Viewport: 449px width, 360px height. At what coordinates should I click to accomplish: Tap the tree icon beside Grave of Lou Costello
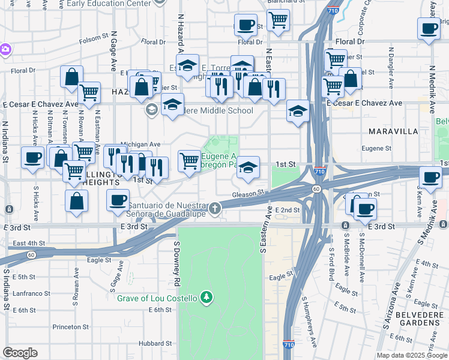(x=206, y=298)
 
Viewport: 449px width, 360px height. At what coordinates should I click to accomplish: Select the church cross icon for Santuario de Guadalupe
(x=215, y=209)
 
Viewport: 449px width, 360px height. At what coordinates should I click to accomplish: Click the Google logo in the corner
(x=20, y=353)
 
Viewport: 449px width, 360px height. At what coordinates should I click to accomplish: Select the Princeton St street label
(x=70, y=327)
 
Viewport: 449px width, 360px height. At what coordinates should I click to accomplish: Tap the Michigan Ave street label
(x=140, y=145)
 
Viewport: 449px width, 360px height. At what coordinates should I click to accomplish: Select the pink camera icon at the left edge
(x=5, y=49)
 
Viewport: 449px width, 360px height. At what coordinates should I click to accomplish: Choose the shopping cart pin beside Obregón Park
(x=189, y=160)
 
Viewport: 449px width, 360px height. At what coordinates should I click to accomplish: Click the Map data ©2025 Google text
(x=411, y=355)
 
